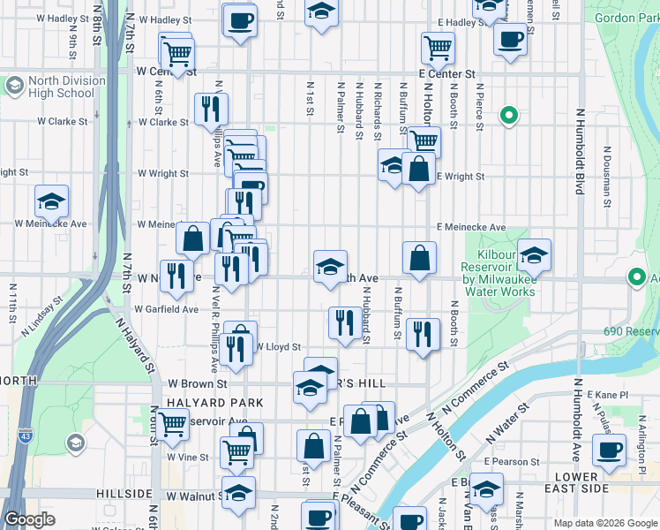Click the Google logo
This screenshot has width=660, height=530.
[x=29, y=519]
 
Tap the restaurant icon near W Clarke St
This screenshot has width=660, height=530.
[x=211, y=109]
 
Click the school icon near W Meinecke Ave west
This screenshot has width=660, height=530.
[x=52, y=202]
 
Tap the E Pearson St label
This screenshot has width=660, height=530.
[x=512, y=462]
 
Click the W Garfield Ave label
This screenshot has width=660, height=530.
[x=167, y=309]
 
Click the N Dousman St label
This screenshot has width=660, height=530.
[x=608, y=178]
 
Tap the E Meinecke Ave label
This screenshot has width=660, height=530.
[x=470, y=227]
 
